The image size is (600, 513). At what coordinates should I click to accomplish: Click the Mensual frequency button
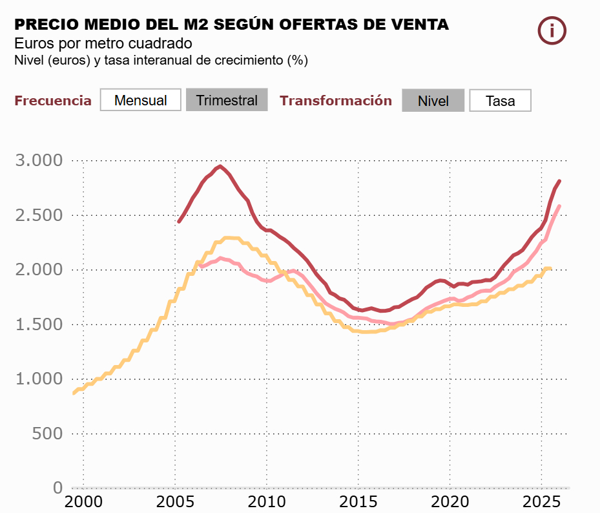pos(141,100)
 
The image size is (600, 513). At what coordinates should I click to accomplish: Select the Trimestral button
pos(227,100)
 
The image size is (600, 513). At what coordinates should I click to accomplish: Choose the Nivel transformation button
pos(433,101)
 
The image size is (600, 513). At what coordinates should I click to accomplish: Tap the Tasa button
pos(500,101)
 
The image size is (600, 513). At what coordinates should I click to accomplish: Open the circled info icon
pos(552,30)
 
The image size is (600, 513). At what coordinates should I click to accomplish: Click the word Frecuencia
pos(53,101)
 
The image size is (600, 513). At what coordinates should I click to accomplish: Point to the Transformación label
pos(336,101)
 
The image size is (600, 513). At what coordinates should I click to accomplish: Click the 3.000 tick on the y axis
pos(39,160)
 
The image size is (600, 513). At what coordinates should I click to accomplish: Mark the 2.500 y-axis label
pos(39,215)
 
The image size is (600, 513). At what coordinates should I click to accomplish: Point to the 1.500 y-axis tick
pos(39,324)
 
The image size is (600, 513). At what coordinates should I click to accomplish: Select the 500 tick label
pos(48,434)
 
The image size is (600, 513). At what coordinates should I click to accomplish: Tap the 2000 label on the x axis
pos(83,502)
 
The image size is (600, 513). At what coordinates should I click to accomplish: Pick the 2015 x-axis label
pos(358,502)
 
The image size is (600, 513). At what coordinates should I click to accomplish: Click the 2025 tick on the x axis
pos(541,502)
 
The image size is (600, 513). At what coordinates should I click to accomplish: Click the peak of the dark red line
pos(220,166)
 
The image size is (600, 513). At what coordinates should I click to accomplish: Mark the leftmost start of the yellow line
pos(74,393)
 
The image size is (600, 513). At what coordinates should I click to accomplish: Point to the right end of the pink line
pos(559,206)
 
